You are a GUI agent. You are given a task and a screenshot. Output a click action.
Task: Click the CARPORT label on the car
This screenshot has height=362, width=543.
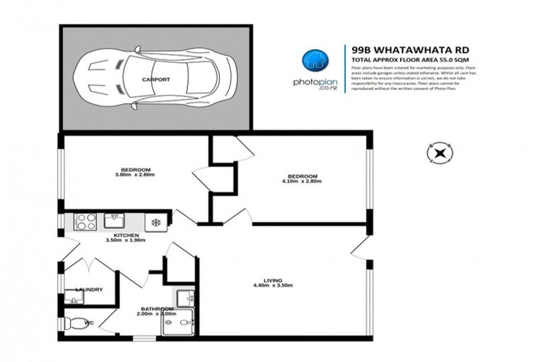click(155, 80)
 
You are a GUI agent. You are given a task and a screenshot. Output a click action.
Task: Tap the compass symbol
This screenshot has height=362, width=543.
click(440, 152)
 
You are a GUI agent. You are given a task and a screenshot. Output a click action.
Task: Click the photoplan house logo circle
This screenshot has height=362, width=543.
click(312, 62)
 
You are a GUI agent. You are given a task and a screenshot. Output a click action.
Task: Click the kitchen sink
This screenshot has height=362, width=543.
click(115, 220)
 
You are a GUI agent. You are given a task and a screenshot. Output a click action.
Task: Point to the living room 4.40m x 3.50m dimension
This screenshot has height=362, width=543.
click(273, 286)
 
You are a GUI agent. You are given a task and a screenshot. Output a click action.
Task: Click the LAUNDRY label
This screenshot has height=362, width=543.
click(89, 289)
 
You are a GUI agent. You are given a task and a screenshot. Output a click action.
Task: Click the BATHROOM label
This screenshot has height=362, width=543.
click(156, 309)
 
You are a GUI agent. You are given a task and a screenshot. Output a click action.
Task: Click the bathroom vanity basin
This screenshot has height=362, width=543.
click(185, 297)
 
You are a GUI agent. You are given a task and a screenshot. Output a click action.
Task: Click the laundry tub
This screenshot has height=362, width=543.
click(74, 300)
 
